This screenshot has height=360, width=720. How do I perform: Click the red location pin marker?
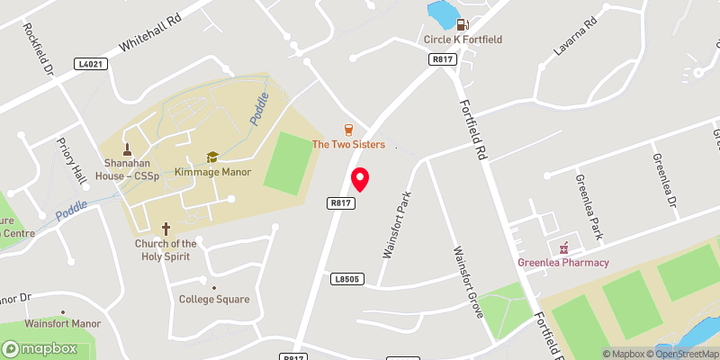pos(360,180)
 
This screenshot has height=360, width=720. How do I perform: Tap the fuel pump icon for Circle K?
pos(463,25)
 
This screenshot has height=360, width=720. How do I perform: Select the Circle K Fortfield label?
pos(463,40)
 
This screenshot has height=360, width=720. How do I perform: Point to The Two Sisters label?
pos(348,145)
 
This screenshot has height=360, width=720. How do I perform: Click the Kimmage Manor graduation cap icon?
pos(213,157)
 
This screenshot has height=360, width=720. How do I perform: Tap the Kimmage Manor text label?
pos(213,172)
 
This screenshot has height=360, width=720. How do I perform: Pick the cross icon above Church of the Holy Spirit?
pos(166,229)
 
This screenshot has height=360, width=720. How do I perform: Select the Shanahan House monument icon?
pos(127,148)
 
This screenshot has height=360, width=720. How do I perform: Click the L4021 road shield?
pos(92,64)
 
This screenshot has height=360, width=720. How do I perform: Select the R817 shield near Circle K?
pos(442,59)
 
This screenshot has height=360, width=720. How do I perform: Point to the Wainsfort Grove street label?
pos(469,282)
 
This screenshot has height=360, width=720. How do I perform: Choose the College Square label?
pos(214,300)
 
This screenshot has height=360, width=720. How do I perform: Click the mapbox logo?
pos(40,348)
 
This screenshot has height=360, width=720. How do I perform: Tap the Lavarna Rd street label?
pos(575,37)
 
